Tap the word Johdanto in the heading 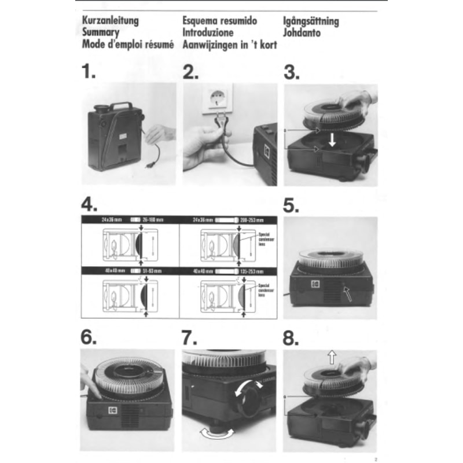pos(303,33)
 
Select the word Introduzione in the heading pos(208,33)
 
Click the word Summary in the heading pos(101,33)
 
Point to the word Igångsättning pos(311,21)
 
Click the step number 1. pos(89,72)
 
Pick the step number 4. pos(89,205)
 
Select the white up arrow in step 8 pos(331,357)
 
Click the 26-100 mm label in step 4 pos(154,220)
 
